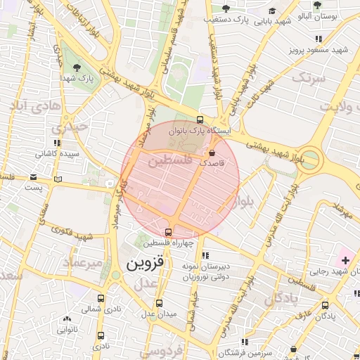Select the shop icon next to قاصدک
(212, 152)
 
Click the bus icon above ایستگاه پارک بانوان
(200, 120)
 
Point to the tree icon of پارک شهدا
(77, 68)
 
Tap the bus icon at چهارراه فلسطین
(168, 232)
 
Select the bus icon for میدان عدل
(159, 303)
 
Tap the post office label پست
(33, 188)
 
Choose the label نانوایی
(67, 328)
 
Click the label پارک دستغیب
(231, 20)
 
